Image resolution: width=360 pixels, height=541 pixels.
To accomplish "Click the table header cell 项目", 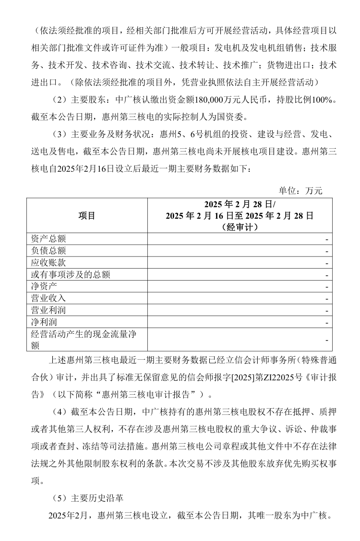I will pyautogui.click(x=87, y=216).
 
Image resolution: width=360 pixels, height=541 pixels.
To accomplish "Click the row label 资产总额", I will pyautogui.click(x=48, y=239).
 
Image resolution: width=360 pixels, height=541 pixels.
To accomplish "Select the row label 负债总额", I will pyautogui.click(x=48, y=251).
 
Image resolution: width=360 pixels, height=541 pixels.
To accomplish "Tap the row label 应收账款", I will pyautogui.click(x=48, y=263).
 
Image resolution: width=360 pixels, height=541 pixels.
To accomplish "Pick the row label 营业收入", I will pyautogui.click(x=48, y=298).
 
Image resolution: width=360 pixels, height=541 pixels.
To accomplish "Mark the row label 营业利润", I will pyautogui.click(x=48, y=310).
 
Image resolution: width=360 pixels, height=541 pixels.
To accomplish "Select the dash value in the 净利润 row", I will pyautogui.click(x=326, y=322).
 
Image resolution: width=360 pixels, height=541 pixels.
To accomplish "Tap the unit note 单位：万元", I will pyautogui.click(x=301, y=191).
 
